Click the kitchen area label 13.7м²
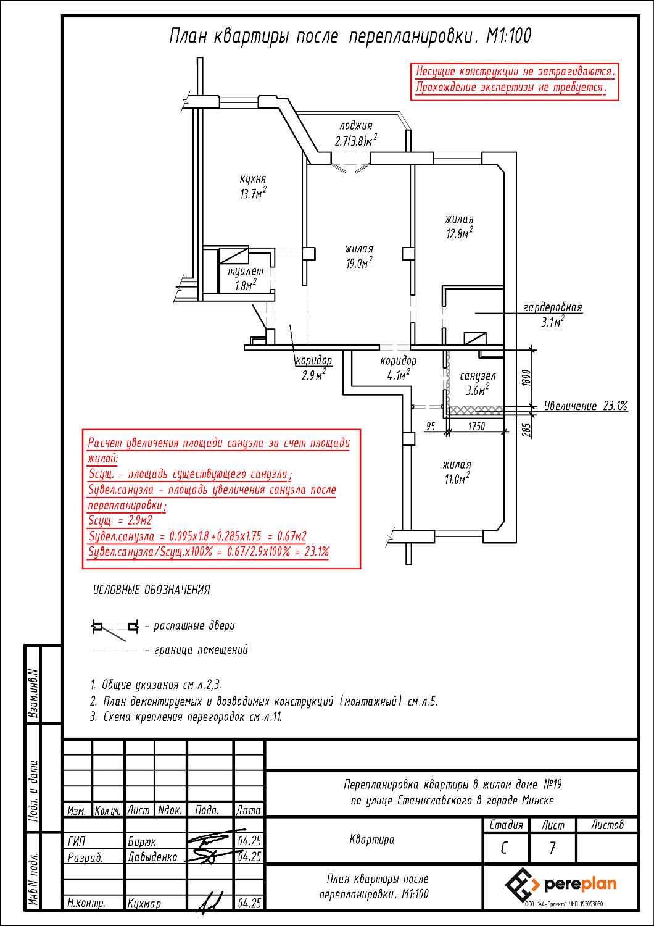coord(253,193)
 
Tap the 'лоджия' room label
coord(356,126)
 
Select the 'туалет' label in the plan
coord(246,271)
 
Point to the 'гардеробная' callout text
coord(552,307)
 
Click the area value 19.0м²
coord(359,263)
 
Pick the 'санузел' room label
coord(478,376)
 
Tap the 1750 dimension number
coord(476,426)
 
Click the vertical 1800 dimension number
coord(526,378)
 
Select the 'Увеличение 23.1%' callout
coord(586,406)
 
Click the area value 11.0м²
coord(457,479)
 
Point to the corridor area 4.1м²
coord(399,375)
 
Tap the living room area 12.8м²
coord(460,233)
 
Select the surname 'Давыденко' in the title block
coord(152,857)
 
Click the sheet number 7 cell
coord(552,848)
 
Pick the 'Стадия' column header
coord(506,825)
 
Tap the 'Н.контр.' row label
coord(86,903)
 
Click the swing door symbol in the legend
coord(115,630)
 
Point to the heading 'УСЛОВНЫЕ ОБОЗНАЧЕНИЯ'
coord(152,590)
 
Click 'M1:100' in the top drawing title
coord(508,36)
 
